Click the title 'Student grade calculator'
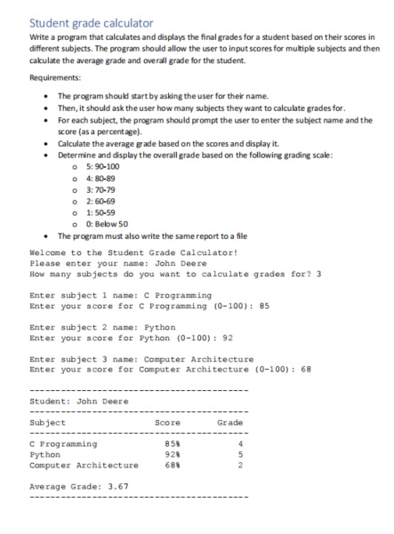pyautogui.click(x=91, y=21)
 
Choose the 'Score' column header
pyautogui.click(x=168, y=423)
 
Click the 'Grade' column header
pyautogui.click(x=229, y=423)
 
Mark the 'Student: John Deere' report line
pyautogui.click(x=79, y=401)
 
